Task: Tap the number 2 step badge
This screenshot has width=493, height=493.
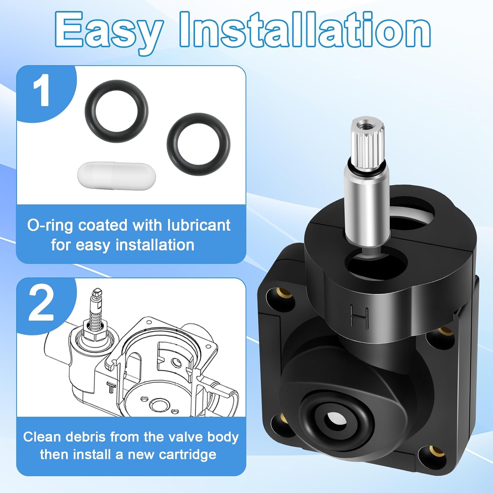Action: tap(41, 303)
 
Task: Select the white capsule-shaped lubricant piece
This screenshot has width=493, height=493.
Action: tap(117, 176)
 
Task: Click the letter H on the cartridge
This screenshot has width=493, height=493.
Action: tap(359, 316)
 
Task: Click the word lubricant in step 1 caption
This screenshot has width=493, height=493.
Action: tap(199, 225)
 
